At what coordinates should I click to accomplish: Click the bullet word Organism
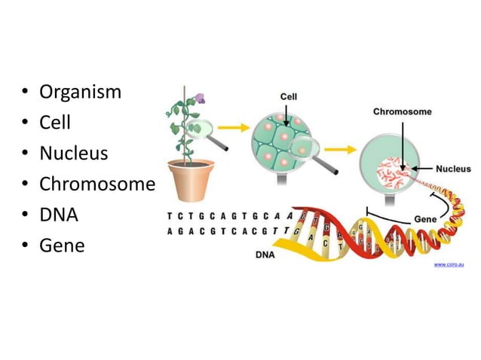point(80,93)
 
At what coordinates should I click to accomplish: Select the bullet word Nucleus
point(73,154)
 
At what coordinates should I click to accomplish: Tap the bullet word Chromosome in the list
point(97,185)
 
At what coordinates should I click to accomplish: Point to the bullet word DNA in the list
point(59,215)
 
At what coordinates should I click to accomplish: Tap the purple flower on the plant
point(200,97)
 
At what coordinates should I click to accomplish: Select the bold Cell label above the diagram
point(289,96)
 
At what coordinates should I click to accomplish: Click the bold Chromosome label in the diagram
point(403,112)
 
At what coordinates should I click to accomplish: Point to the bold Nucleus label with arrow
point(453,169)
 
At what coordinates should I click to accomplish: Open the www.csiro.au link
point(449,266)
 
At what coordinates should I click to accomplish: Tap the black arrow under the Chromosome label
point(403,143)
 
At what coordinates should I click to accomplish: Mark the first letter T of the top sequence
point(168,215)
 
